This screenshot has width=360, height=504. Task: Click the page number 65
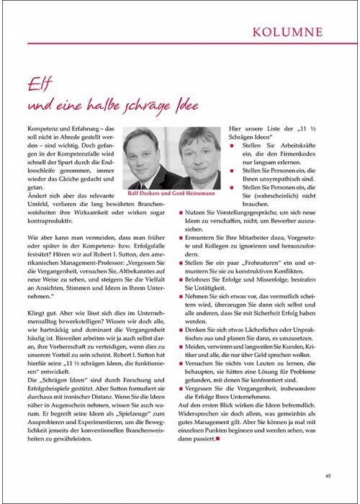point(328,475)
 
